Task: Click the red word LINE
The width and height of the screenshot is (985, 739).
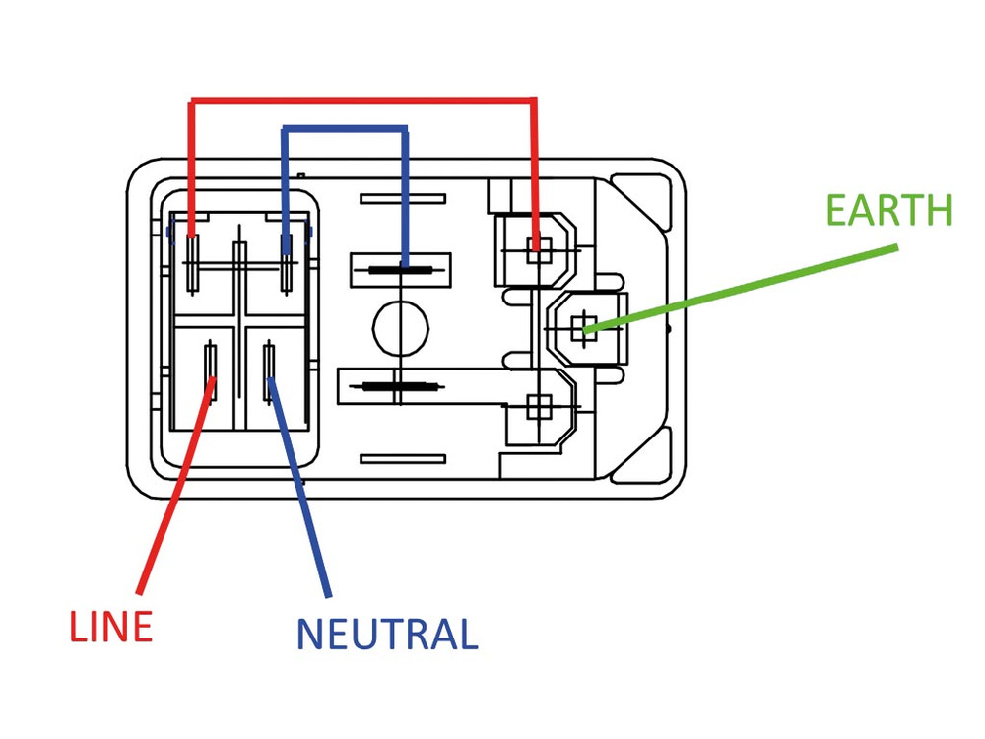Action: point(110,627)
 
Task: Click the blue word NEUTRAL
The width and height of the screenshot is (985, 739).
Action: point(386,633)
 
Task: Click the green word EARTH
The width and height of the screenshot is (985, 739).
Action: point(888,210)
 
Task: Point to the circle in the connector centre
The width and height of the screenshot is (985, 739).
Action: point(400,324)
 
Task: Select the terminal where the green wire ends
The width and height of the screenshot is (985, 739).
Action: point(585,329)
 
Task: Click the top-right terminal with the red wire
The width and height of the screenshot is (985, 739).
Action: point(537,247)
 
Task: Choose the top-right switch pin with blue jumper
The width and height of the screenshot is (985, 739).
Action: point(286,261)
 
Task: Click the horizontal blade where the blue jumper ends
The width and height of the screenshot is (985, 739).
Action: point(400,267)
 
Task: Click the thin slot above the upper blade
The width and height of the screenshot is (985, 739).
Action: point(402,199)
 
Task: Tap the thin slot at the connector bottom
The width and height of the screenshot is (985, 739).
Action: point(402,457)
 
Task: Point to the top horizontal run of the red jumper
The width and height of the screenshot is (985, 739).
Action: point(364,99)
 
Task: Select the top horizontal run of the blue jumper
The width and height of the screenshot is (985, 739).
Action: point(345,128)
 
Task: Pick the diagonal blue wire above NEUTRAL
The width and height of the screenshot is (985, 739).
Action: point(300,493)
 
